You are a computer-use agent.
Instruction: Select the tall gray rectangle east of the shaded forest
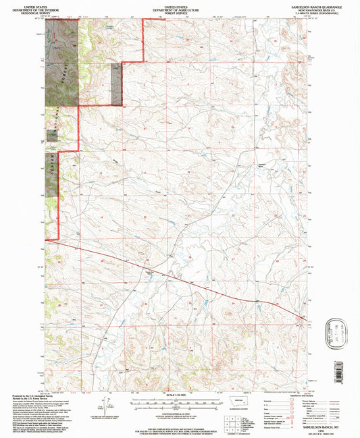click(116, 85)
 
